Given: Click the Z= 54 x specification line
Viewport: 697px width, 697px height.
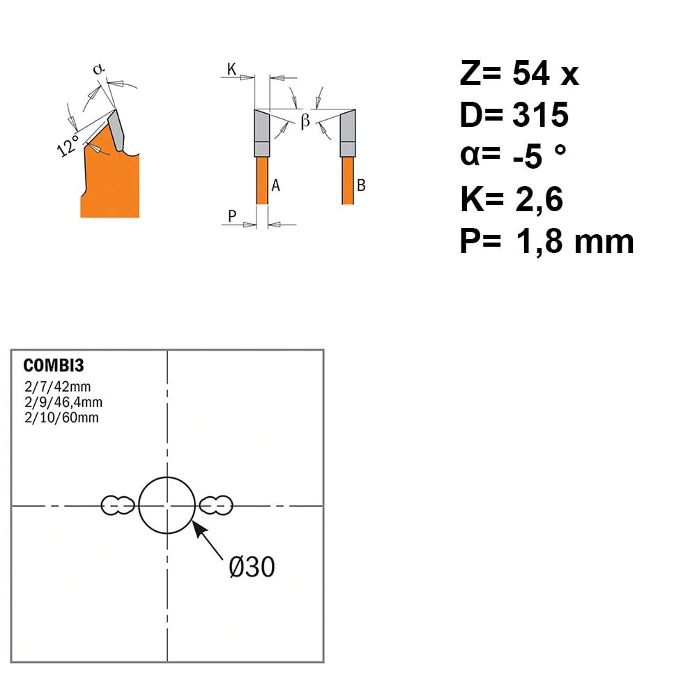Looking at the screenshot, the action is [x=519, y=73].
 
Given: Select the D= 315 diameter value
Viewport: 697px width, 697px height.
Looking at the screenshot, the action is [x=514, y=115].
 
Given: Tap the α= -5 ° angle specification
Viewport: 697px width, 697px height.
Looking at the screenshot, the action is [x=513, y=155].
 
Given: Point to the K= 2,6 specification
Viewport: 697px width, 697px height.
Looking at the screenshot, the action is [x=511, y=199].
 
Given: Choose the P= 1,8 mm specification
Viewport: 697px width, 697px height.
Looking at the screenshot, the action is [x=546, y=241].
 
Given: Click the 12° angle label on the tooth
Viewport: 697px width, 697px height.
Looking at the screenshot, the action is [x=68, y=146].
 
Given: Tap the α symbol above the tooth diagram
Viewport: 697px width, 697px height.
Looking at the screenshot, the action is [x=98, y=69].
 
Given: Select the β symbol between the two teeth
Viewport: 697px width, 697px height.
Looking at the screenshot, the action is [x=305, y=121].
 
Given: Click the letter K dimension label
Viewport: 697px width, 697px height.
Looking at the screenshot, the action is [x=231, y=69].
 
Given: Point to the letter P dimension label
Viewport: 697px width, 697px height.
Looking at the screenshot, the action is [x=231, y=217].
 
